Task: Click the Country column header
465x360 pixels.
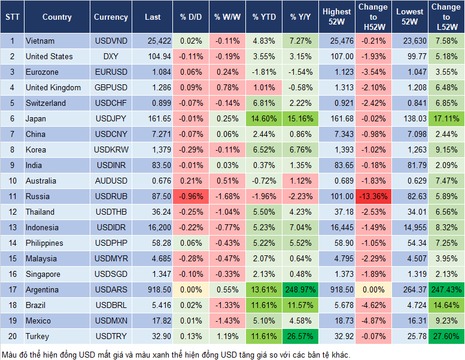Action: [x=57, y=17]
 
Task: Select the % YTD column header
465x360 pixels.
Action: [x=264, y=17]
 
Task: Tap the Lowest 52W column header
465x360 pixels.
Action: [x=409, y=17]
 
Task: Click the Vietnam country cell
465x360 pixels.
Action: [x=40, y=41]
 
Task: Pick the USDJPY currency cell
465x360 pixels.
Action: [x=111, y=118]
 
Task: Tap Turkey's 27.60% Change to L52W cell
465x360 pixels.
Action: [x=446, y=336]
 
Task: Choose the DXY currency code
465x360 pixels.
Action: [x=111, y=56]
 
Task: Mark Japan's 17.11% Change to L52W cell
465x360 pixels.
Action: [x=446, y=118]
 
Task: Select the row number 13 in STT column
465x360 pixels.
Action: [x=12, y=227]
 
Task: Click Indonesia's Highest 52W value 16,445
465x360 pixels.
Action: [x=337, y=227]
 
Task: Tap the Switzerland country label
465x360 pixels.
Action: [x=46, y=103]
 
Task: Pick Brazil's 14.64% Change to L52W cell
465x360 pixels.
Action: [x=446, y=305]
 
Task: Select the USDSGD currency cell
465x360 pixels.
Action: [x=111, y=274]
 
